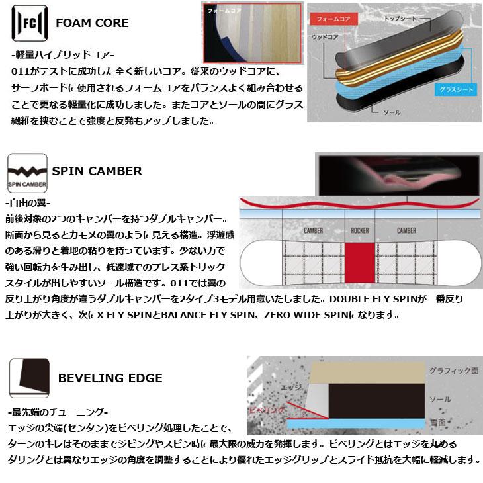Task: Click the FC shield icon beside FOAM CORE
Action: tap(27, 24)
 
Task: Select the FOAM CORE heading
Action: tap(92, 24)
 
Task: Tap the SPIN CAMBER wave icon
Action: tap(26, 171)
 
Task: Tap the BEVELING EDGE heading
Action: tap(110, 378)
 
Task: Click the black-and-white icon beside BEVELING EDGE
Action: tap(27, 378)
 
